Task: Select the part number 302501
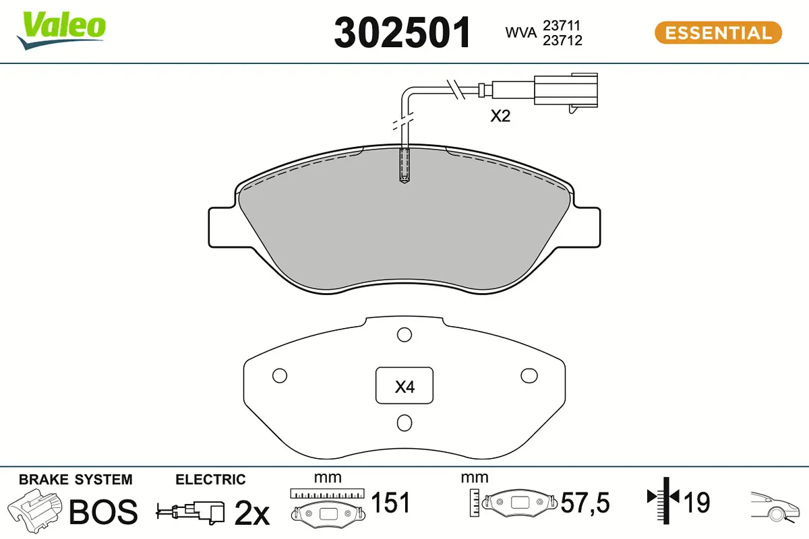pyautogui.click(x=402, y=32)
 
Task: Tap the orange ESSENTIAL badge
pyautogui.click(x=717, y=32)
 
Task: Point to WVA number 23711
pyautogui.click(x=563, y=25)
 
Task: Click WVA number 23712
pyautogui.click(x=563, y=40)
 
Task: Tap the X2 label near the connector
pyautogui.click(x=500, y=117)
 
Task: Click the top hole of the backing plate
pyautogui.click(x=404, y=334)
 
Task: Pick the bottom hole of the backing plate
pyautogui.click(x=404, y=422)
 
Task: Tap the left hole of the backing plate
pyautogui.click(x=279, y=375)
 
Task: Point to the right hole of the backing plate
pyautogui.click(x=529, y=375)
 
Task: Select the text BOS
pyautogui.click(x=104, y=512)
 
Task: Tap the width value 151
pyautogui.click(x=391, y=503)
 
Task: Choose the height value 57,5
pyautogui.click(x=585, y=503)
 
